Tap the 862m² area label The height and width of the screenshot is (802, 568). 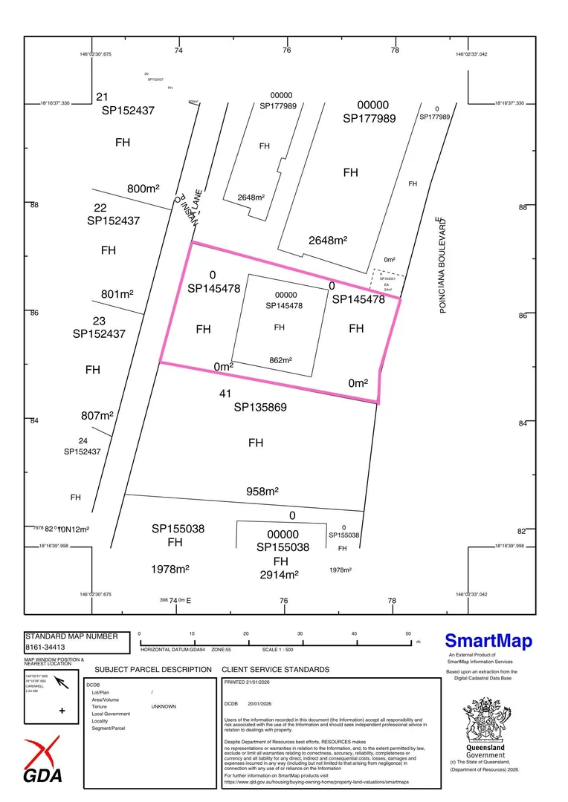click(280, 360)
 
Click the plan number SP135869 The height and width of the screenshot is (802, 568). click(260, 407)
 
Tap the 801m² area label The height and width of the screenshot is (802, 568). click(117, 294)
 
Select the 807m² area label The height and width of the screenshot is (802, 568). click(96, 416)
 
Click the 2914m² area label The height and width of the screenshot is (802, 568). click(279, 575)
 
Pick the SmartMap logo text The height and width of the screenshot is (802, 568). click(488, 641)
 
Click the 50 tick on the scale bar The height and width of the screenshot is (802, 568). click(408, 633)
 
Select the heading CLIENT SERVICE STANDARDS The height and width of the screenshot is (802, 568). click(275, 669)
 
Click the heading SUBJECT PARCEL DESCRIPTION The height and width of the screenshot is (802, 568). click(153, 669)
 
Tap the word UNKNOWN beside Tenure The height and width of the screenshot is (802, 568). click(164, 706)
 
